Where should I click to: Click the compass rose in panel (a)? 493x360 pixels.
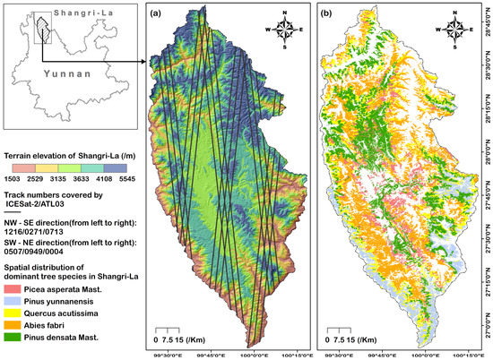286,33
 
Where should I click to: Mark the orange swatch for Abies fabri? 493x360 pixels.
11,328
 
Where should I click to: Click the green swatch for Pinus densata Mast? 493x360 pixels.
11,339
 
